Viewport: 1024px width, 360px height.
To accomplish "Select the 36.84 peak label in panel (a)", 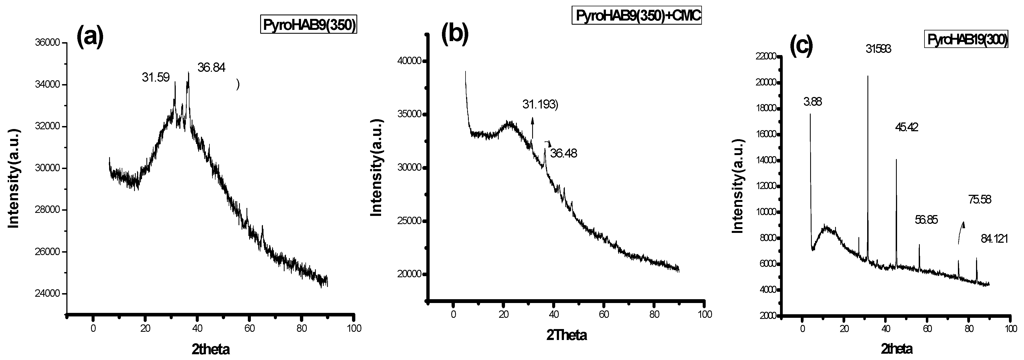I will pos(211,68).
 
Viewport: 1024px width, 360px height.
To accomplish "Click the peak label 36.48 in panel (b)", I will pos(563,153).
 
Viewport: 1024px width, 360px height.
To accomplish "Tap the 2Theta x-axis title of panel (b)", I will pos(566,335).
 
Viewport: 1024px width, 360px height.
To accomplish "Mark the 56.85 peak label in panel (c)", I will pos(926,220).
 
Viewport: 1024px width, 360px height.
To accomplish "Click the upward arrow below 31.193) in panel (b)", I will pos(532,127).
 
